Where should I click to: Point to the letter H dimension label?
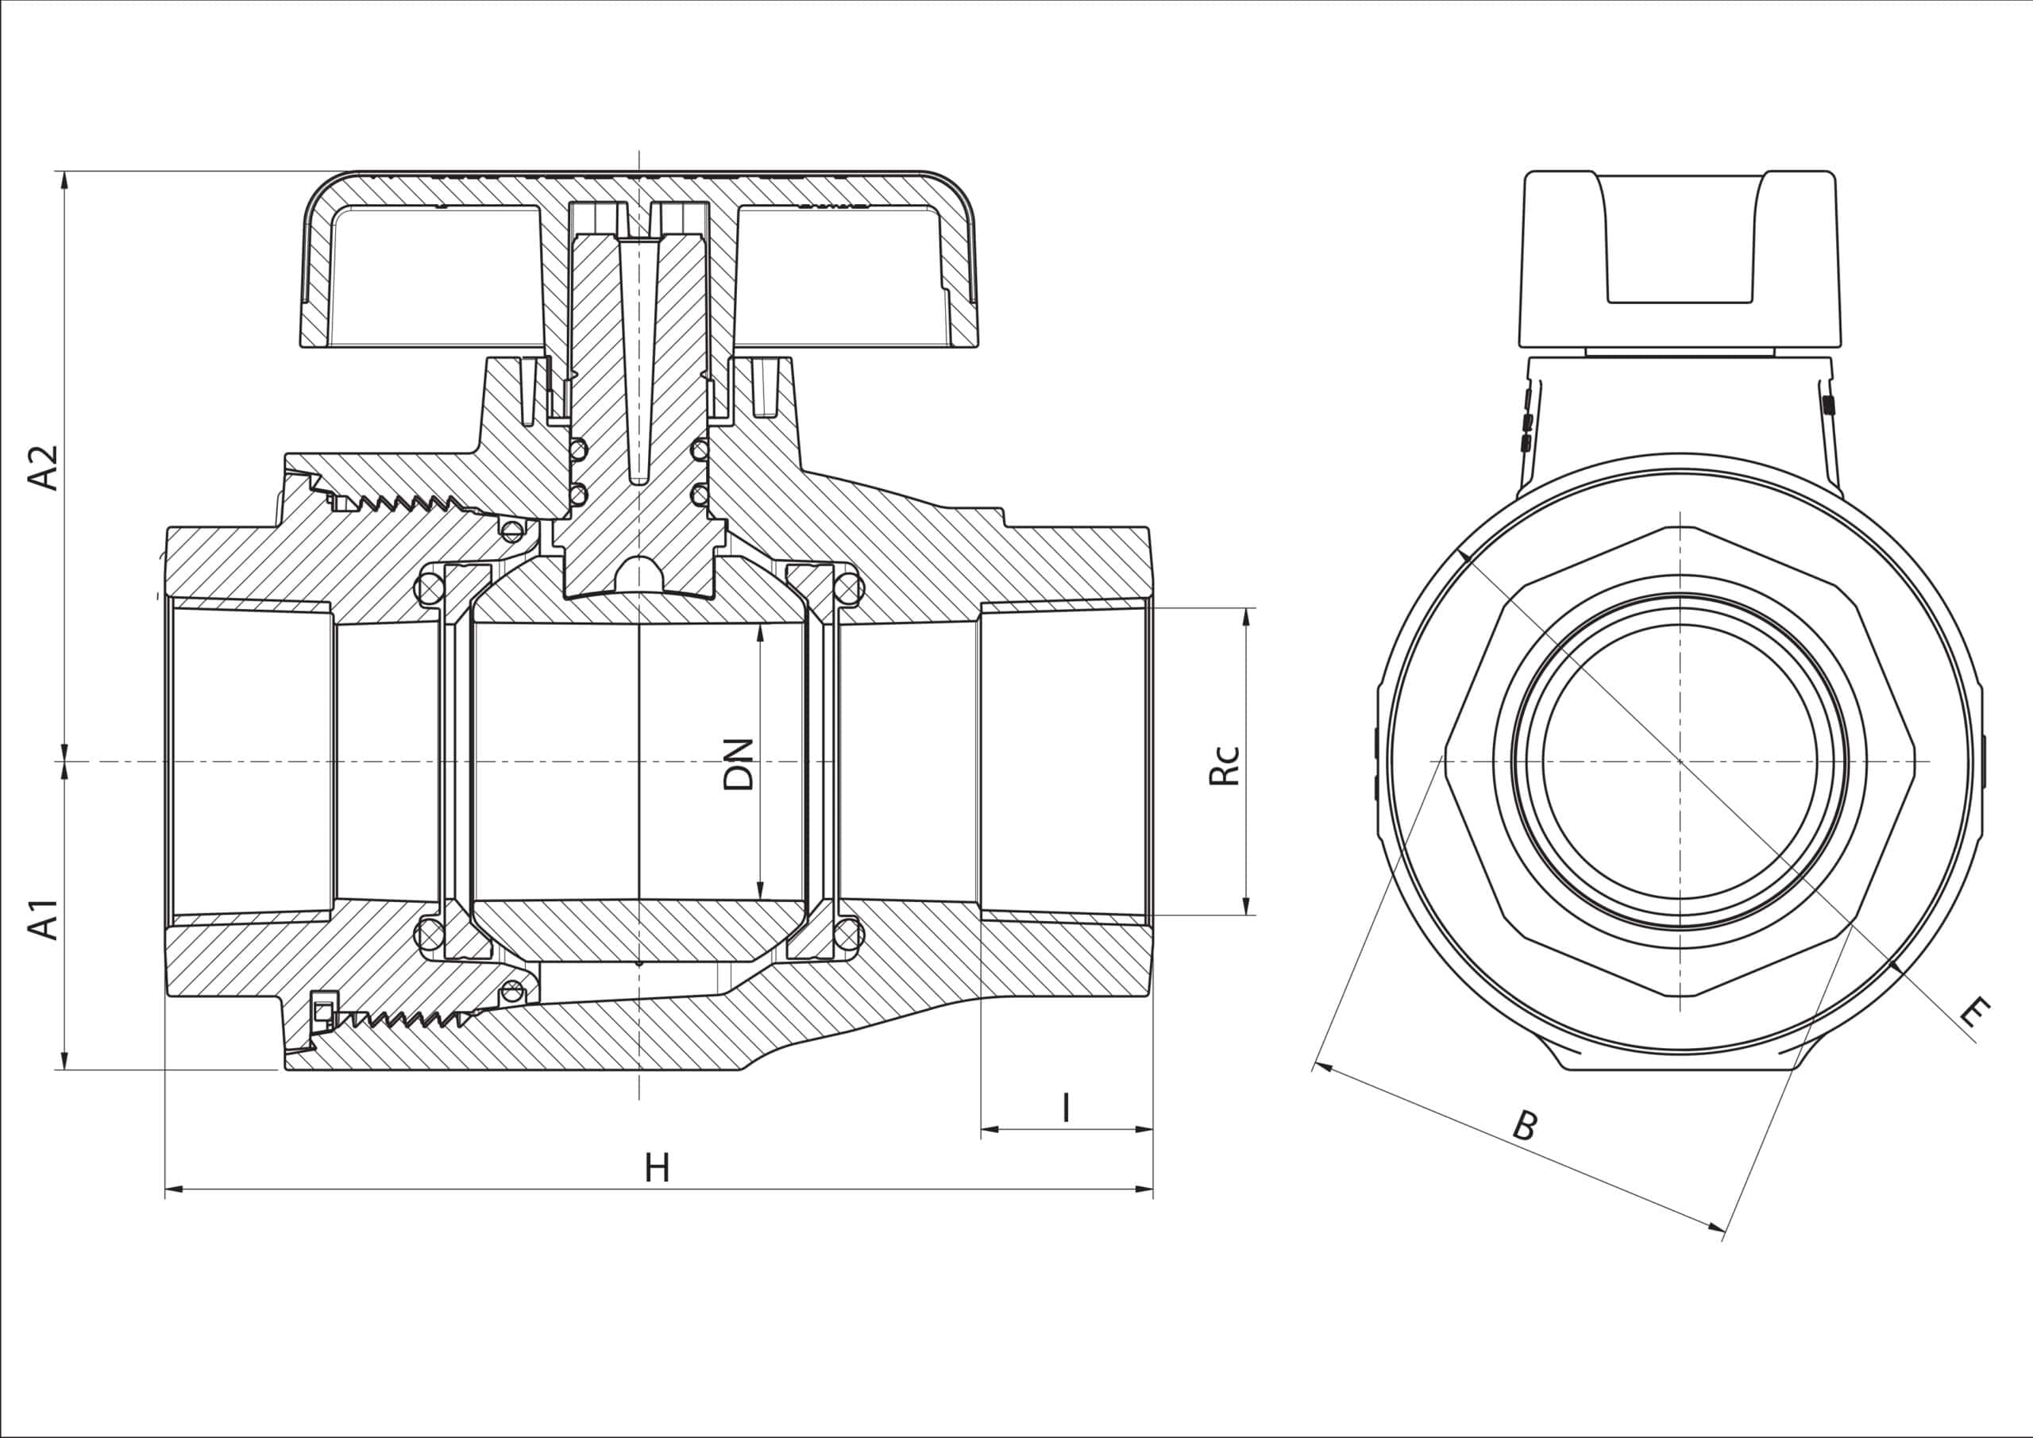(656, 1169)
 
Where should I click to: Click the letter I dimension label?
(1066, 1108)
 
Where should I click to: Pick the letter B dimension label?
(1525, 1126)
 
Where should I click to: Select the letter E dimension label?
(1973, 1012)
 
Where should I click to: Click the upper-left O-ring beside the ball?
(430, 589)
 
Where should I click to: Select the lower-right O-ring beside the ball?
(847, 933)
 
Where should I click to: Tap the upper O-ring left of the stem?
(578, 449)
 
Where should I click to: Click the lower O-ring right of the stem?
(700, 494)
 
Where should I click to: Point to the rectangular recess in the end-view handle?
(1680, 239)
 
